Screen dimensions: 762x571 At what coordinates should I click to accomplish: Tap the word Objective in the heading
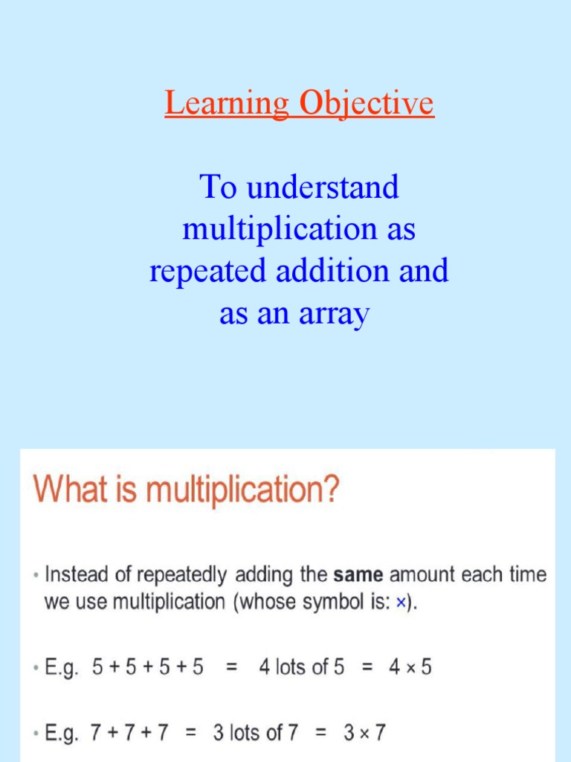click(366, 104)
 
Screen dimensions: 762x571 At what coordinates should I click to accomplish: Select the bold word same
click(359, 575)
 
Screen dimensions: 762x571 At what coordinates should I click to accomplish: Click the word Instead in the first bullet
click(73, 575)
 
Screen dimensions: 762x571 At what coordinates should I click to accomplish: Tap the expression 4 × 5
click(410, 667)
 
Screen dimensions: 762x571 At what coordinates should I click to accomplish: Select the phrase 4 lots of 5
click(301, 667)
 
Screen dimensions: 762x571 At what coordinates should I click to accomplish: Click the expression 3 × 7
click(364, 733)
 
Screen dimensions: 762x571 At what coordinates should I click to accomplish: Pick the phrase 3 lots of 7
click(256, 733)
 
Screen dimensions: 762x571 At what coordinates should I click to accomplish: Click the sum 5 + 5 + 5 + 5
click(147, 667)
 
